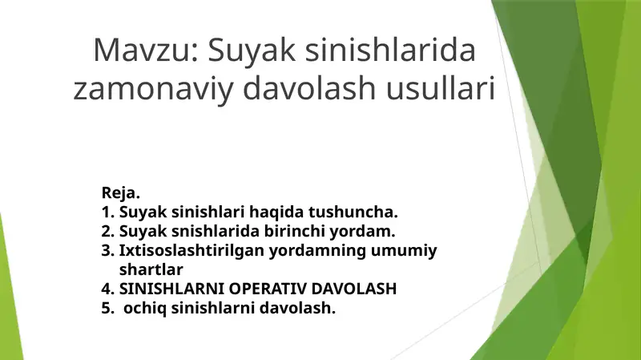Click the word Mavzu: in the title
coord(147,50)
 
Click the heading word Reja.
coord(121,192)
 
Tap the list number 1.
coord(107,212)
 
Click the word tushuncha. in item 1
coord(353,212)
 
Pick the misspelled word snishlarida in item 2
coord(215,231)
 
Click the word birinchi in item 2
coord(294,231)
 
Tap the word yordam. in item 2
coord(362,232)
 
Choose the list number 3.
coord(107,250)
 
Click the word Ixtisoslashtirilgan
coord(191,251)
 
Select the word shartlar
coord(151,269)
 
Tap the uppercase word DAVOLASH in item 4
coord(353,289)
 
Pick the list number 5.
coord(107,308)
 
